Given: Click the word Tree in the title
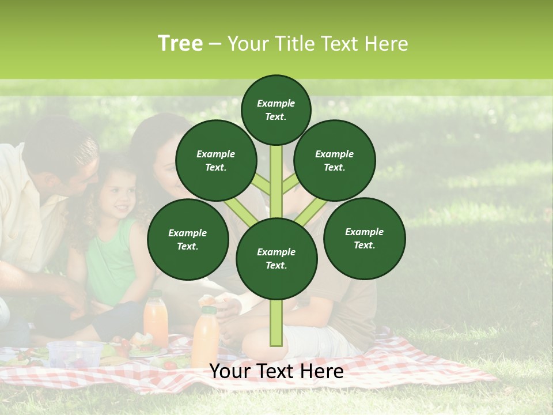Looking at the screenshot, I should [180, 44].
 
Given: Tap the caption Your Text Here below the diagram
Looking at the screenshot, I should [276, 371].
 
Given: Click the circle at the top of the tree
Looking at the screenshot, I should [276, 110].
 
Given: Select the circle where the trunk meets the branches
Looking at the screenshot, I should [276, 259].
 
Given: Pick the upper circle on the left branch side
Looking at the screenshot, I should [216, 160].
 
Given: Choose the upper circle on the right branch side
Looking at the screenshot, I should [335, 160].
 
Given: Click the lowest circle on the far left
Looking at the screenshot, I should [188, 239].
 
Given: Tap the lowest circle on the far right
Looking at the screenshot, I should [365, 238].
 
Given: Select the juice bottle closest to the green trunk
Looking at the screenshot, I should [206, 337].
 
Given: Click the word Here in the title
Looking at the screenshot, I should [387, 44].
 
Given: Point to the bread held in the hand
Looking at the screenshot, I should [207, 301].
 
